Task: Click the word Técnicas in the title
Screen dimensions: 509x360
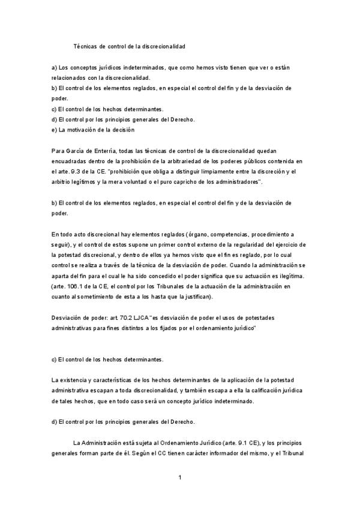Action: click(x=85, y=46)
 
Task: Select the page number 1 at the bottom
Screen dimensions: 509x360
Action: click(x=179, y=478)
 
